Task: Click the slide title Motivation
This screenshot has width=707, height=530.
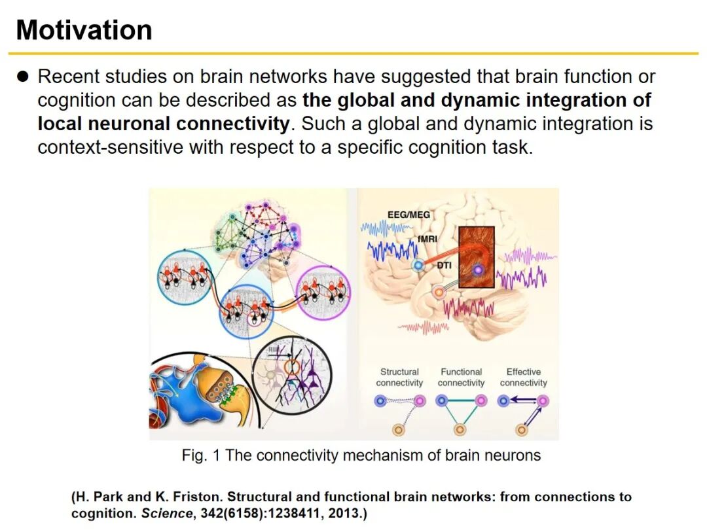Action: pos(84,30)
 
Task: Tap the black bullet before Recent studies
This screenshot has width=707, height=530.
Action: pos(24,77)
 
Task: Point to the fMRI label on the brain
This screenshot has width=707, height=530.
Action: pos(427,239)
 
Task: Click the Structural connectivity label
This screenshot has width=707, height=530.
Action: pos(399,378)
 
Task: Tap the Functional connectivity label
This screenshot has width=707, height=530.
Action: pos(461,378)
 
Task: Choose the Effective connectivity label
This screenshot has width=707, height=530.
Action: pos(523,378)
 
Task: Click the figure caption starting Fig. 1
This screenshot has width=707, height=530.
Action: pos(361,455)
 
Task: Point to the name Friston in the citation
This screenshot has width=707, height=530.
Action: pos(195,497)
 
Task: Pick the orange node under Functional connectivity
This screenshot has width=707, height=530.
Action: pos(460,429)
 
